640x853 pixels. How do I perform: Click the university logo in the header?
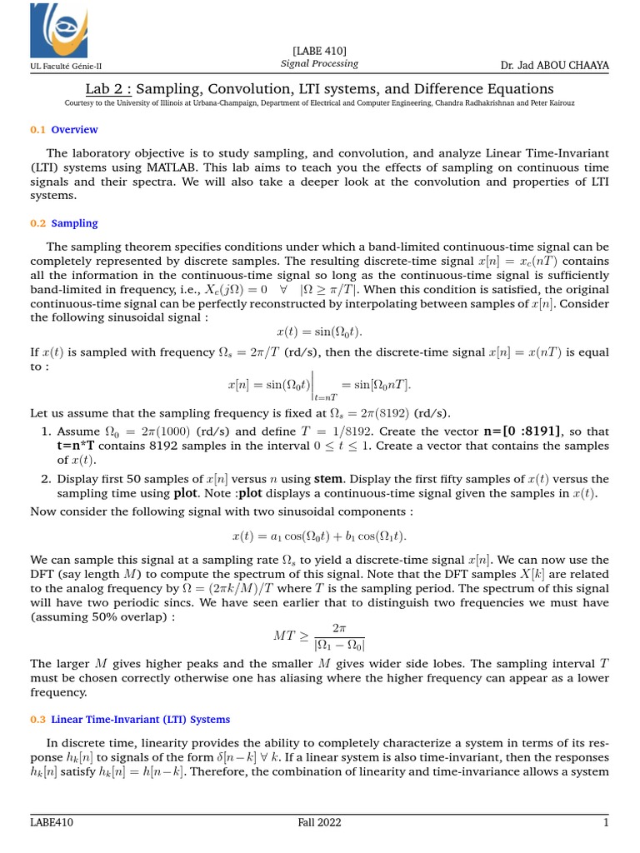(58, 31)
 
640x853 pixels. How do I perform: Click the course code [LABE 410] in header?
(320, 52)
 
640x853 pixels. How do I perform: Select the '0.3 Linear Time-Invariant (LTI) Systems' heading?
(130, 719)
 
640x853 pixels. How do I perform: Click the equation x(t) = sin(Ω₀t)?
(320, 332)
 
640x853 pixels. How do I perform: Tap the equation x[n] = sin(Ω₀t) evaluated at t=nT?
(320, 386)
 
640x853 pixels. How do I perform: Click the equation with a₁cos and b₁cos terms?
(320, 536)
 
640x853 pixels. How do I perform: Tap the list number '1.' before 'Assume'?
(47, 431)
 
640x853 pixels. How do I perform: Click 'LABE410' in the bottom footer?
(50, 824)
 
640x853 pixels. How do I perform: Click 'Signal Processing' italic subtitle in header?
(320, 63)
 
